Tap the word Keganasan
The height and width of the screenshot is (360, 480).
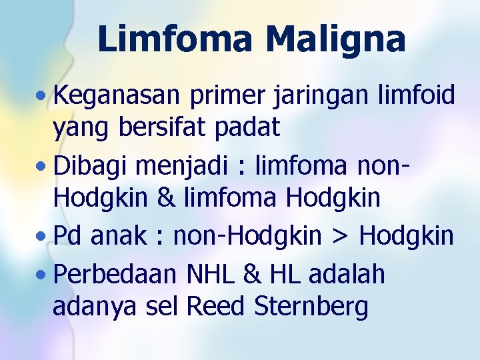[117, 95]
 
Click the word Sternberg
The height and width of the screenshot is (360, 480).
[311, 307]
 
